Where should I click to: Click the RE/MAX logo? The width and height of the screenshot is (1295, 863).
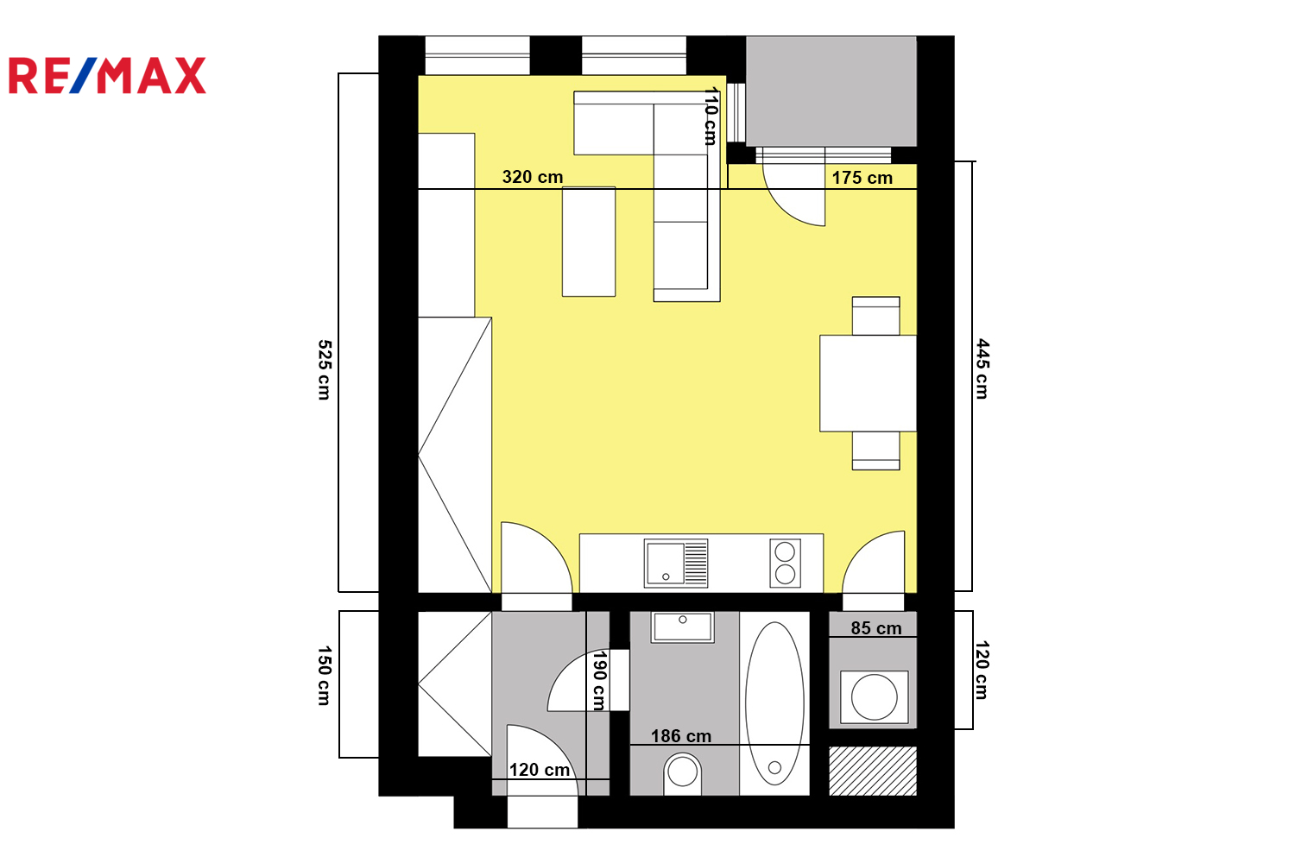108,75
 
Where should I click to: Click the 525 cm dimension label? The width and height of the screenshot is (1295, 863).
325,370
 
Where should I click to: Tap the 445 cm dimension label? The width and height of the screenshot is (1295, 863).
982,369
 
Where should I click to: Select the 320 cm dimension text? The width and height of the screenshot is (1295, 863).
533,177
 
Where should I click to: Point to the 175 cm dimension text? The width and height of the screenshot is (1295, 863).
862,178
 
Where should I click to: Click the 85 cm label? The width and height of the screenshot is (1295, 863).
876,628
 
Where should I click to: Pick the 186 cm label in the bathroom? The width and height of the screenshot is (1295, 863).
681,736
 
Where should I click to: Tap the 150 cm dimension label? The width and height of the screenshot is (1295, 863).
325,676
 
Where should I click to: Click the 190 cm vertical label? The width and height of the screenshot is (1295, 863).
599,681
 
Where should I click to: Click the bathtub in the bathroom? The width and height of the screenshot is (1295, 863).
774,703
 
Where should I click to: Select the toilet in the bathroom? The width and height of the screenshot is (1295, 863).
683,774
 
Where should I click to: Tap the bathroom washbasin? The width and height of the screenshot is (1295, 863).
683,627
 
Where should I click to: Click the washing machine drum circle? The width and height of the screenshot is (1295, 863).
874,697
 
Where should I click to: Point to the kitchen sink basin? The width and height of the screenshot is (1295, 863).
666,563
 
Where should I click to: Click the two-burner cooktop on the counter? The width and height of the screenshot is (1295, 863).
785,563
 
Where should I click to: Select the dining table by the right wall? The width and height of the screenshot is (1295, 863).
869,383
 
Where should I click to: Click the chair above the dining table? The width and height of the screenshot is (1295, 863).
876,316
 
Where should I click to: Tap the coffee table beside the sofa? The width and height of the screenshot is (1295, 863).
589,242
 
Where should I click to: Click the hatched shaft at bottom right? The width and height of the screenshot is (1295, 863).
873,772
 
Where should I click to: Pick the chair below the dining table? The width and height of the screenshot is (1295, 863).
876,450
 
